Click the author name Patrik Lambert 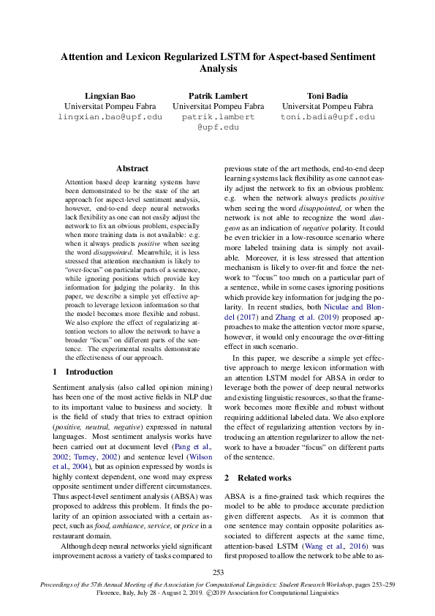(x=218, y=96)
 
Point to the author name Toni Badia (x=327, y=96)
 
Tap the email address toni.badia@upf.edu (x=327, y=117)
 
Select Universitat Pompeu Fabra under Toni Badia (x=327, y=107)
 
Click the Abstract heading (x=132, y=168)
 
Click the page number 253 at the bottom (x=218, y=573)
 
